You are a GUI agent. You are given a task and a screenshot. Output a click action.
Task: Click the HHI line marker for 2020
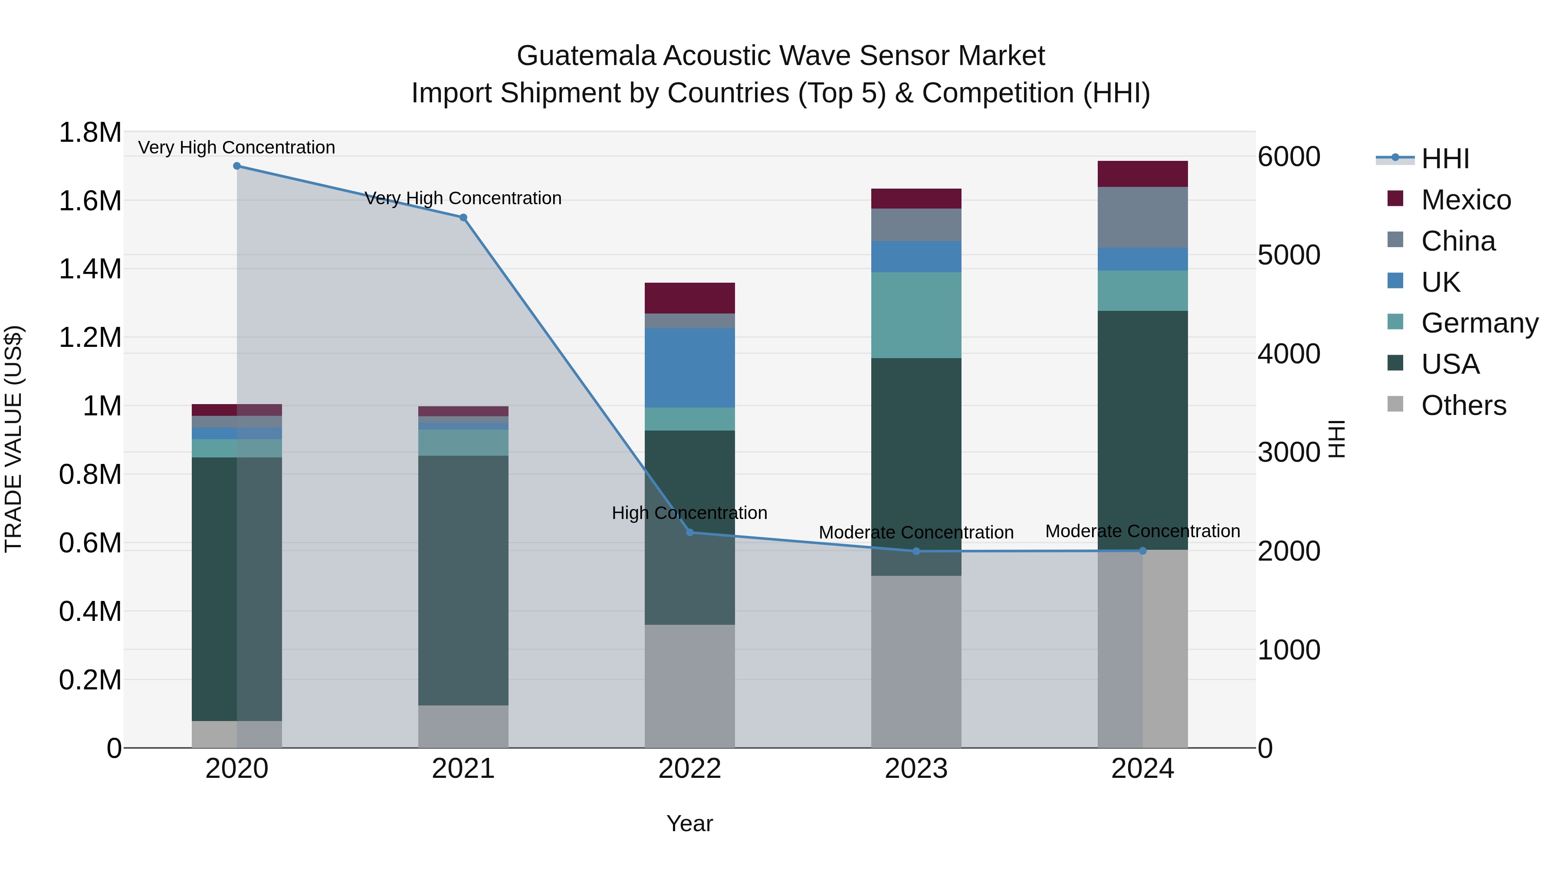(237, 166)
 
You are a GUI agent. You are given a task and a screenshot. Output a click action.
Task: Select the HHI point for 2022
(689, 532)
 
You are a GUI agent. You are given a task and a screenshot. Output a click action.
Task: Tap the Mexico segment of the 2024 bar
(1142, 174)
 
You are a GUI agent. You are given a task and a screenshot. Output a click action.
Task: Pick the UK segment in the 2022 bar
(689, 368)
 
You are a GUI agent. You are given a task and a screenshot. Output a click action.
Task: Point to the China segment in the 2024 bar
(1142, 217)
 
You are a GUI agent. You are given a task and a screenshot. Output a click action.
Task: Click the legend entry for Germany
(1480, 323)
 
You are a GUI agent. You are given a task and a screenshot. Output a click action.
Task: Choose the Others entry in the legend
(1463, 405)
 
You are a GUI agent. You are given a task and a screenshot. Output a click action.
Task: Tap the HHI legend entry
(1445, 159)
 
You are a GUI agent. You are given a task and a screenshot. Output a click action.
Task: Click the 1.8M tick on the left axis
(90, 132)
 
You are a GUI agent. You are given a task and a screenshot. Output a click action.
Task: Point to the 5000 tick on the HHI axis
(1289, 255)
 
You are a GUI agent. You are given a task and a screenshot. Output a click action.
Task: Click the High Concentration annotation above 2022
(689, 513)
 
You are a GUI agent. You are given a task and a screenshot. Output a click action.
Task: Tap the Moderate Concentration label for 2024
(1142, 532)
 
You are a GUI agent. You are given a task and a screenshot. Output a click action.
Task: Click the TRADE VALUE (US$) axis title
(13, 439)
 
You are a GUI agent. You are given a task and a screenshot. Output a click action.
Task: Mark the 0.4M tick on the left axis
(90, 611)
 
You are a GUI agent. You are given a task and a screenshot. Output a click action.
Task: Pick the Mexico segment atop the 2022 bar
(689, 298)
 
